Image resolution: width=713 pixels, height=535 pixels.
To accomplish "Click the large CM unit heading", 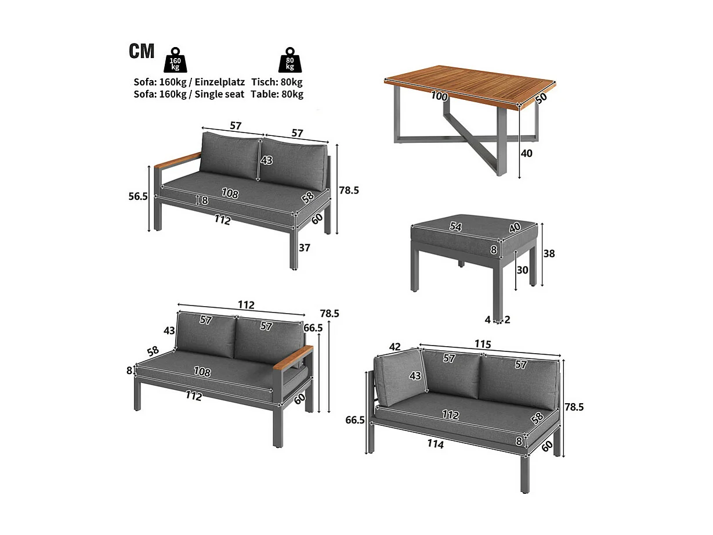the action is click(x=142, y=51).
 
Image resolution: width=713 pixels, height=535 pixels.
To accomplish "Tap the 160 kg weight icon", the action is click(x=175, y=60).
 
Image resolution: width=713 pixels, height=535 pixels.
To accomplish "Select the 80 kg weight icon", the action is click(x=289, y=60).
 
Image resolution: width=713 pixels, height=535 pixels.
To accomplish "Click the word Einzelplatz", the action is click(x=219, y=82).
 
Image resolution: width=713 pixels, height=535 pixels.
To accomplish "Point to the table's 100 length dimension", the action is click(x=439, y=96).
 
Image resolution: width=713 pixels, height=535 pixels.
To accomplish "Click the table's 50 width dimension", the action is click(x=541, y=98).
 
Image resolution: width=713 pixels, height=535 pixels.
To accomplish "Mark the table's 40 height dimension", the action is click(x=527, y=153).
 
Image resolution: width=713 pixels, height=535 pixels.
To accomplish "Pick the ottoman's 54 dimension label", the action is click(x=455, y=227).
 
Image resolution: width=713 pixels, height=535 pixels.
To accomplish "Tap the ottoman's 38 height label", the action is click(x=549, y=253).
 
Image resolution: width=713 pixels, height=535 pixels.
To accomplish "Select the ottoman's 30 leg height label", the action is click(x=522, y=270).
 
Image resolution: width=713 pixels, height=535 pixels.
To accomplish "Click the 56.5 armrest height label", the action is click(x=138, y=196).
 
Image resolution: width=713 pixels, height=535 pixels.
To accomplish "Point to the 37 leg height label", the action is click(x=305, y=248).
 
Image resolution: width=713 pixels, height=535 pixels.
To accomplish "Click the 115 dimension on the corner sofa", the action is click(x=483, y=344).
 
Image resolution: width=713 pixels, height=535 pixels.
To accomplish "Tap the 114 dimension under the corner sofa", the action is click(x=435, y=444).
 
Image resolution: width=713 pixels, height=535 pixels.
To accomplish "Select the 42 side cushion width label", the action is click(x=394, y=347).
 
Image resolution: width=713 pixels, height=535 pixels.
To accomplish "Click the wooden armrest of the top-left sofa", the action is click(x=178, y=159).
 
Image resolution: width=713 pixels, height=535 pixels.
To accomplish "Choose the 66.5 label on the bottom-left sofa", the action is click(x=313, y=328).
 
